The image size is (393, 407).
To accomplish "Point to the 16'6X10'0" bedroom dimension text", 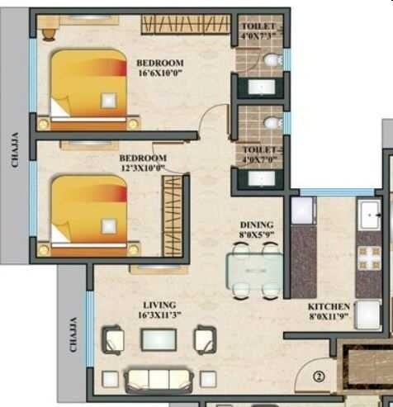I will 160,73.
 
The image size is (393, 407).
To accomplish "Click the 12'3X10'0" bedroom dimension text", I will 143,168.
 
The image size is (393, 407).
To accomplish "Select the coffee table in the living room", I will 159,338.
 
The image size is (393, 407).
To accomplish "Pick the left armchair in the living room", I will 113,338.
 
